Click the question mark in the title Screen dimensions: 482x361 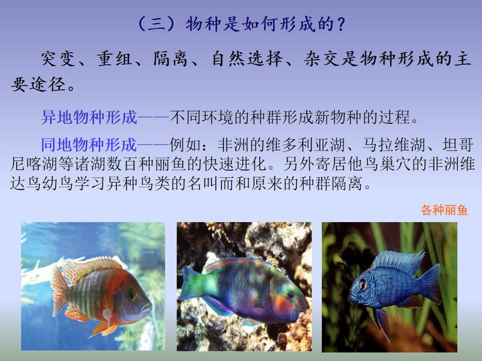(x=340, y=24)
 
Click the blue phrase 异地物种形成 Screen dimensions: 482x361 (x=89, y=117)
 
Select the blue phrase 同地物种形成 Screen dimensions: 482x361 (x=89, y=144)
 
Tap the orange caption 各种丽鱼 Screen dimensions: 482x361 (x=445, y=210)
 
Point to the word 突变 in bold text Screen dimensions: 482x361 (x=58, y=58)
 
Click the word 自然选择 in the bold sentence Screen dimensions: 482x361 (x=247, y=58)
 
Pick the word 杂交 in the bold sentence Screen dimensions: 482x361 (x=321, y=58)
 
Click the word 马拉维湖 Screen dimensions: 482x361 (x=394, y=144)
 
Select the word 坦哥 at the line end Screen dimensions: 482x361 (x=458, y=144)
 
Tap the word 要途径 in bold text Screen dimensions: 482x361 (x=39, y=84)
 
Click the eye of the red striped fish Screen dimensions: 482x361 (x=131, y=295)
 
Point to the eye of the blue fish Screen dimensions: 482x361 (x=363, y=285)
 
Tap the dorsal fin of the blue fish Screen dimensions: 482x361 (x=398, y=261)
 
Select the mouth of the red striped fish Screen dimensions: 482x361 (x=147, y=307)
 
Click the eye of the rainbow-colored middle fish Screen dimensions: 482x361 (x=290, y=295)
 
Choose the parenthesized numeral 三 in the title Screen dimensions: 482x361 (x=157, y=24)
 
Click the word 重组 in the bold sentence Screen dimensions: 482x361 (x=114, y=58)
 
